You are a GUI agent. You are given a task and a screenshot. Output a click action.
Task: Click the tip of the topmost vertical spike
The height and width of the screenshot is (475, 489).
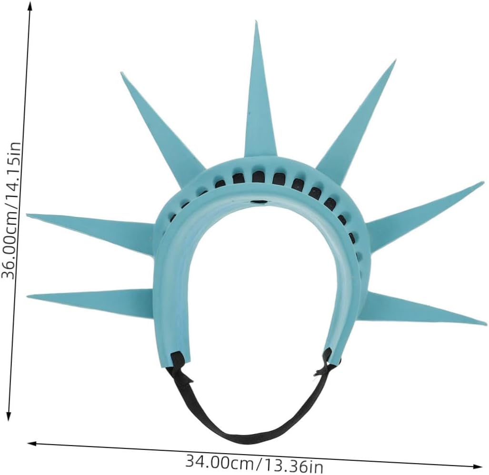point(256,21)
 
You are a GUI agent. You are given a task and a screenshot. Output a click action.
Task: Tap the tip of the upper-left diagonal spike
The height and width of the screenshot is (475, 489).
point(121,73)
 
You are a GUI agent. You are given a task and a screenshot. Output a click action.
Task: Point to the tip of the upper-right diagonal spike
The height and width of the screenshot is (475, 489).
point(395,60)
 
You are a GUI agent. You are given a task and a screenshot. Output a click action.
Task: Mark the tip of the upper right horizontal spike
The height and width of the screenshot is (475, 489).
point(484,182)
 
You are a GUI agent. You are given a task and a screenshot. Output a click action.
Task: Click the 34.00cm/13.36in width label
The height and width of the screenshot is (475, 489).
point(254,463)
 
